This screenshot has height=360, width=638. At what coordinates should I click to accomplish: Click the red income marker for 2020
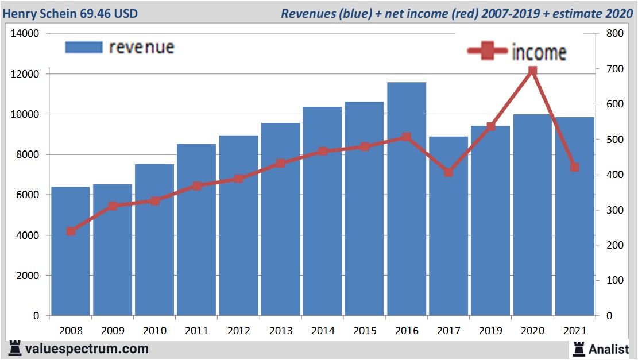pyautogui.click(x=532, y=71)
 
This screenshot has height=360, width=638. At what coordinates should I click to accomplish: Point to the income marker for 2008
pyautogui.click(x=71, y=231)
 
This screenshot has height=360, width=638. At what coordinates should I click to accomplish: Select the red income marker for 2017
pyautogui.click(x=448, y=172)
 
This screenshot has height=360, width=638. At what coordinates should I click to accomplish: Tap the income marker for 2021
pyautogui.click(x=574, y=167)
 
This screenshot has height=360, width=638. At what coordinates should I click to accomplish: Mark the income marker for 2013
pyautogui.click(x=281, y=163)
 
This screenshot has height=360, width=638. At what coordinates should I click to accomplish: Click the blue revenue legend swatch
pyautogui.click(x=84, y=47)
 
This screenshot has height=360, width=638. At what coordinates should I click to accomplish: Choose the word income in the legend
pyautogui.click(x=539, y=52)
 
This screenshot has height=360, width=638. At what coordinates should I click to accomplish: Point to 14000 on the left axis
pyautogui.click(x=25, y=33)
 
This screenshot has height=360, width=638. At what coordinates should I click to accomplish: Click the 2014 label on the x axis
pyautogui.click(x=323, y=331)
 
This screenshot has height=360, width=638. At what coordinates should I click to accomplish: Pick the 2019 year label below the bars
pyautogui.click(x=490, y=331)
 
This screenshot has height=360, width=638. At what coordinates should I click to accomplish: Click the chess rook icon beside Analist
pyautogui.click(x=579, y=348)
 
